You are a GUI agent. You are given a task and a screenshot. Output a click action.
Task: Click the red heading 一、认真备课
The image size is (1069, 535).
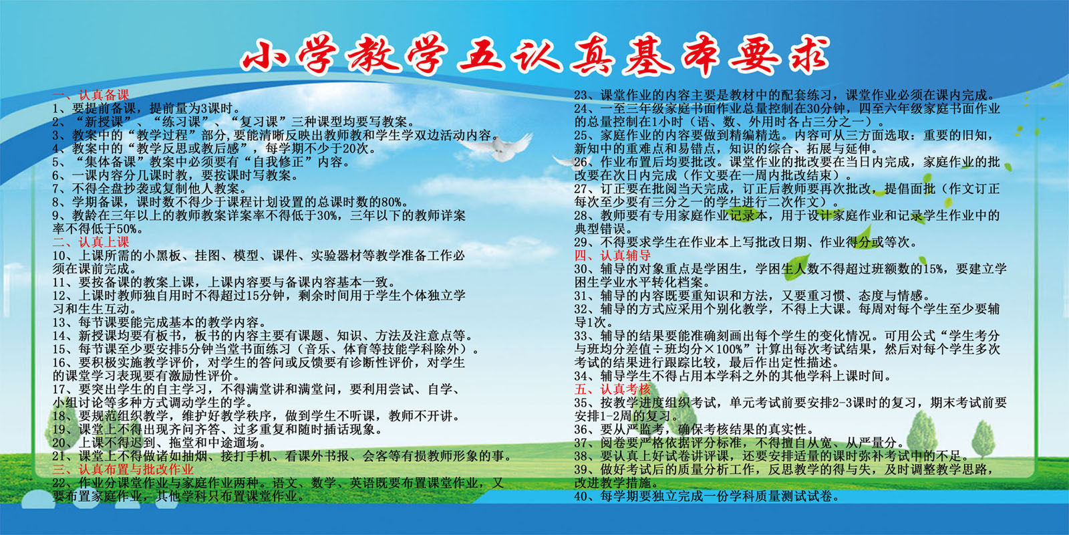point(91,96)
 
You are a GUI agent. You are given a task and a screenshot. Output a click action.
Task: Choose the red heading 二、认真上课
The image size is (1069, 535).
point(91,242)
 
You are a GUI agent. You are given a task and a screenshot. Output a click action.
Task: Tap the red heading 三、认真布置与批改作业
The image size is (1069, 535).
point(123,469)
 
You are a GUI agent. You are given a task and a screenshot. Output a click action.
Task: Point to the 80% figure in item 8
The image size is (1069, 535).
point(394,202)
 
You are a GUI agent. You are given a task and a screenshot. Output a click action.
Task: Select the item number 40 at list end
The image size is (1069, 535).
point(581,496)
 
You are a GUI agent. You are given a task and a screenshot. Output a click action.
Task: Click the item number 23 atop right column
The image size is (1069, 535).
point(581,95)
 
